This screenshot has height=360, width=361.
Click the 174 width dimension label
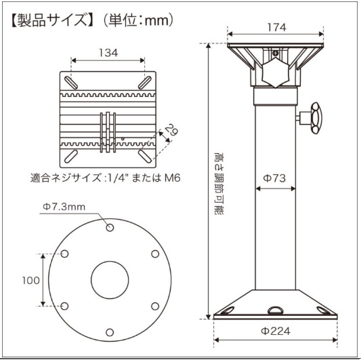pos(277,27)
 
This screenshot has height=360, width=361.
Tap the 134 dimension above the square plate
pos(108,53)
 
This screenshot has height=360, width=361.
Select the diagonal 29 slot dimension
pos(172,130)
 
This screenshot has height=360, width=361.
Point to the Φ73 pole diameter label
pos(274,178)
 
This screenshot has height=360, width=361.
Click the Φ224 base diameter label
pos(276,332)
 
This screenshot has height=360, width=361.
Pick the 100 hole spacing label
pos(31,281)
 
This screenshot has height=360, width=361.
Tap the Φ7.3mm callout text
pos(64,207)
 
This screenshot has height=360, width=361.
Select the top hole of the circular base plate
pos(110,228)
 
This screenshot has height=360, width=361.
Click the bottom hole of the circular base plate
pos(110,332)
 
